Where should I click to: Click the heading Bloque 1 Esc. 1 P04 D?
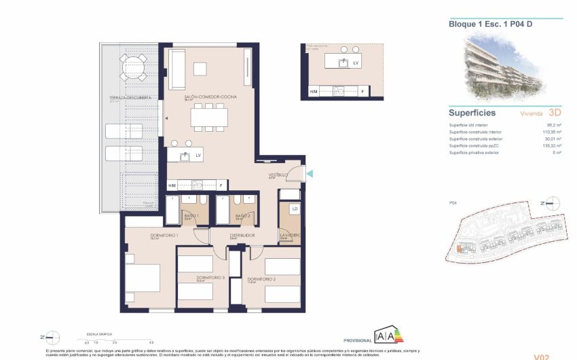click(481, 24)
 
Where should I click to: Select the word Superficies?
click(472, 113)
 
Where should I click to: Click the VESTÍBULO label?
click(278, 175)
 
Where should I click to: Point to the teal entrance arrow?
click(310, 175)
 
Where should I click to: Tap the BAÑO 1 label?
click(191, 215)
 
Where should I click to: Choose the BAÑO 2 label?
click(243, 215)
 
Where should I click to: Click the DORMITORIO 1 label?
click(164, 236)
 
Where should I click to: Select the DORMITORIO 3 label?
click(210, 277)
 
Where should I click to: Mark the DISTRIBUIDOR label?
click(242, 236)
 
